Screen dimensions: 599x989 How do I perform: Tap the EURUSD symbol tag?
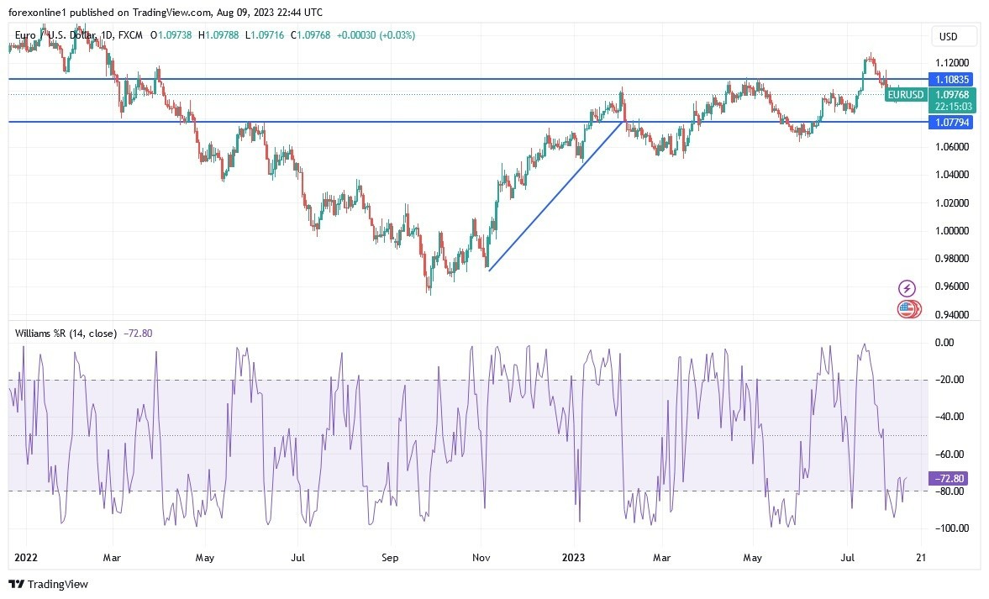tap(906, 95)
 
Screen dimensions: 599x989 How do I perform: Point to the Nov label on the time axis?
tap(481, 557)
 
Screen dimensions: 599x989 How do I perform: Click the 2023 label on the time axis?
tap(575, 557)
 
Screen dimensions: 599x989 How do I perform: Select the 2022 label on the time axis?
tap(26, 557)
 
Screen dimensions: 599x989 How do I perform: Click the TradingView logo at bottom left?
tap(48, 584)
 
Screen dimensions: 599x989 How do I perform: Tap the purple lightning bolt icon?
tap(907, 288)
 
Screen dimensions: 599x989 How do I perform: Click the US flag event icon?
tap(905, 309)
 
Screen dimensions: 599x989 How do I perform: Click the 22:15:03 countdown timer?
tap(953, 107)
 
